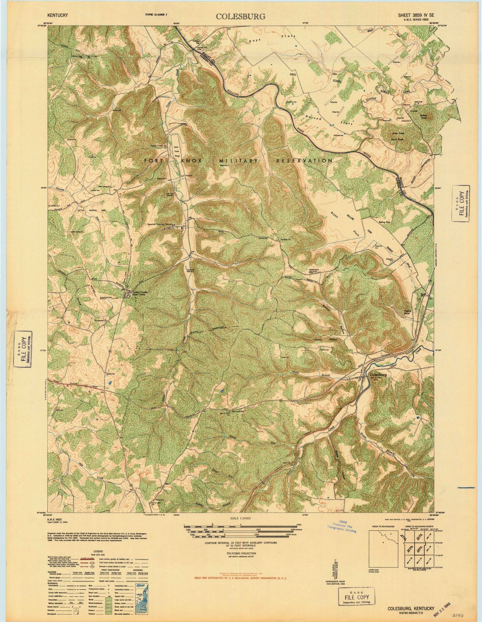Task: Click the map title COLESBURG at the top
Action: [236, 16]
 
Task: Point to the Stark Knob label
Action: [400, 139]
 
